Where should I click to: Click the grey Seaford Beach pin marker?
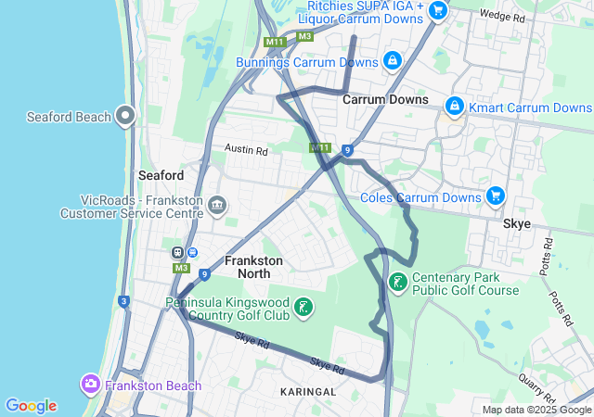[125, 117]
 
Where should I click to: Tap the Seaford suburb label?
[161, 175]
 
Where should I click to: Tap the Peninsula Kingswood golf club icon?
[302, 308]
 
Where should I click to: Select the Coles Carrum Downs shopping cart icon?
[496, 196]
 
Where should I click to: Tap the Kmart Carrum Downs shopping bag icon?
[454, 107]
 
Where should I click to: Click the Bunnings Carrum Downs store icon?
[393, 61]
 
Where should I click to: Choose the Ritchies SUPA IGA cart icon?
[438, 11]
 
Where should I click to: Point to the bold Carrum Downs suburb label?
[385, 99]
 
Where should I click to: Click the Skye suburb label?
[517, 224]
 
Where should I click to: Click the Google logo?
[31, 406]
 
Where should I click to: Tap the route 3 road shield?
[123, 301]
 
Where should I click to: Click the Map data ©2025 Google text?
[536, 410]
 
